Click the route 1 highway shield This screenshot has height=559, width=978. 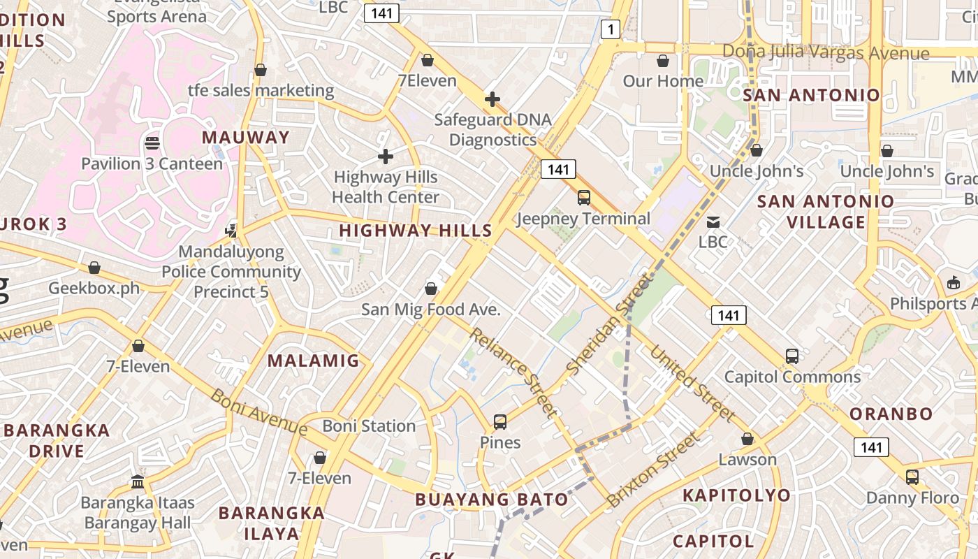coord(611,29)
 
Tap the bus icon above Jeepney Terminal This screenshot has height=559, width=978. coord(584,198)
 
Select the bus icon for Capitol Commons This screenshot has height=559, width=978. coord(791,356)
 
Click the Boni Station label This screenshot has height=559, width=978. coord(369,426)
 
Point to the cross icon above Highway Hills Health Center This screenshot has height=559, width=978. coord(385,157)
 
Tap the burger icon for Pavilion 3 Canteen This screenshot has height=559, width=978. coord(152,143)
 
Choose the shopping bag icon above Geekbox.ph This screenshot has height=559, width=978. coord(94,268)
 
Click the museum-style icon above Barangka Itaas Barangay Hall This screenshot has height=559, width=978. coord(138,482)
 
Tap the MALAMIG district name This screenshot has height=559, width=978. coord(314,361)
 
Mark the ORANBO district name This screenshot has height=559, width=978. coord(891,414)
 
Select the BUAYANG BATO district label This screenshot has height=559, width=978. coord(492,499)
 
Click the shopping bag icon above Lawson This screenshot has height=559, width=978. coord(747,440)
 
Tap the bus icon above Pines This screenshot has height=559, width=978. coord(500,422)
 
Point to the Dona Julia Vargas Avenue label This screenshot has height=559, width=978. coord(826,52)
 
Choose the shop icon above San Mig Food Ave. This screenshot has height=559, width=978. coord(431,289)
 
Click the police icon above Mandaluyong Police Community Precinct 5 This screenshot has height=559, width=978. coord(231,231)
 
